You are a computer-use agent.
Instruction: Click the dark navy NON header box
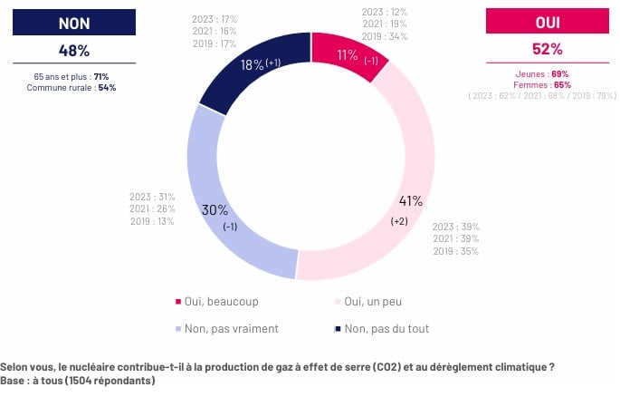75,23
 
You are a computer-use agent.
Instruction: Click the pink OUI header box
546,23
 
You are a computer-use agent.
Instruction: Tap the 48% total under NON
75,52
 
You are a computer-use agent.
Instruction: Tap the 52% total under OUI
546,52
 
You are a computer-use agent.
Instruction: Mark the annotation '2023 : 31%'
152,197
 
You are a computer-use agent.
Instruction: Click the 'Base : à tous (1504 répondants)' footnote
78,381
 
